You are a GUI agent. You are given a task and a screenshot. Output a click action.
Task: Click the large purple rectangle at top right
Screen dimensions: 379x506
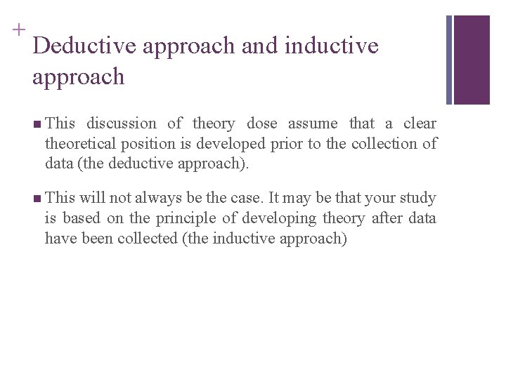[472, 60]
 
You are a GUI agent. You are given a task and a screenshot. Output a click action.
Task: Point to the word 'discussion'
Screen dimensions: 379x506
[121, 124]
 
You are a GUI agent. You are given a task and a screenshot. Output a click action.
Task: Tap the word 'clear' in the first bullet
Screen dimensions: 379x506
[420, 124]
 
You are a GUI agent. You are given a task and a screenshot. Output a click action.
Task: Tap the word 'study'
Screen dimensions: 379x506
[417, 198]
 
